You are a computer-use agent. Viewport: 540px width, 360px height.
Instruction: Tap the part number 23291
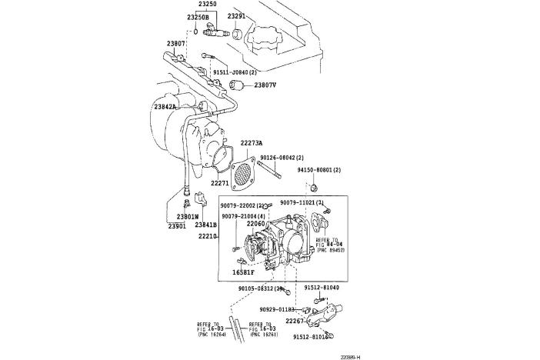(236, 16)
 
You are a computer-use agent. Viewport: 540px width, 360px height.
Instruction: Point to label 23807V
(265, 85)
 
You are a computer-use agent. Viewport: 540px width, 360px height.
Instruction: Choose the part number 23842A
(165, 107)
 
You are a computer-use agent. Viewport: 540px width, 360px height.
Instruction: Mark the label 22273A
(251, 143)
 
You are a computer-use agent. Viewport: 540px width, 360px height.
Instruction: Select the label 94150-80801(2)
(319, 169)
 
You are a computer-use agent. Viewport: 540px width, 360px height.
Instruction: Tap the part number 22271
(221, 183)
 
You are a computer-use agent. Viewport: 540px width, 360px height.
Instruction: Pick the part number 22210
(208, 238)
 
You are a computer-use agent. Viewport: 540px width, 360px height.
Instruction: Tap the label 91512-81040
(322, 288)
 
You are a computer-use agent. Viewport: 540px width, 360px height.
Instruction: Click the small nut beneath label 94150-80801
(315, 186)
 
